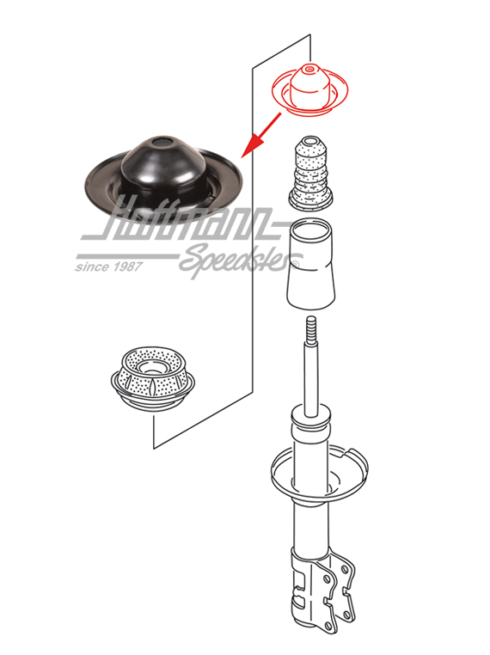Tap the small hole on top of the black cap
coord(157,140)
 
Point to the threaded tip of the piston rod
coord(310,328)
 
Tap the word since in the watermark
coord(92,266)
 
